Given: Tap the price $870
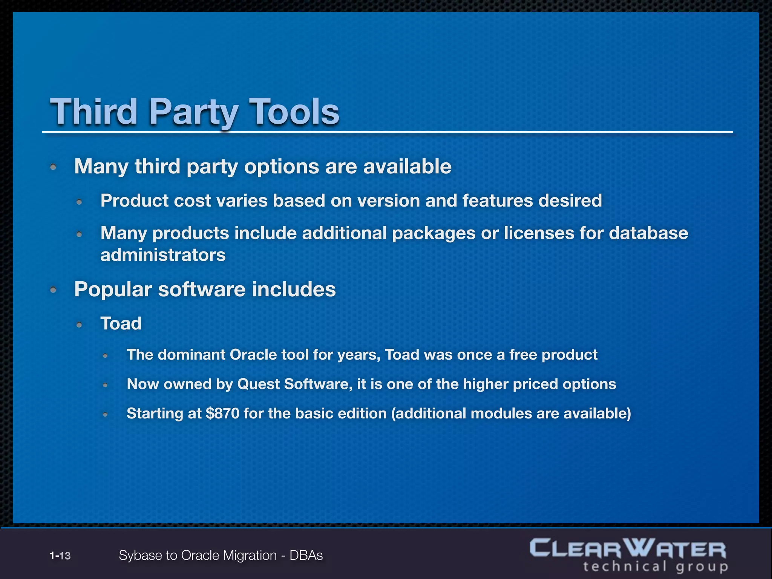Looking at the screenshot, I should pyautogui.click(x=223, y=414).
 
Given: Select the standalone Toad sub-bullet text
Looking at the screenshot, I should pyautogui.click(x=121, y=323).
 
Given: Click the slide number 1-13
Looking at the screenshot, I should pyautogui.click(x=60, y=556).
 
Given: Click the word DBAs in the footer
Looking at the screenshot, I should pyautogui.click(x=306, y=556).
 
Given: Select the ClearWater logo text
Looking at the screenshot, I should pyautogui.click(x=628, y=549).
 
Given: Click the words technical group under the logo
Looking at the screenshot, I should pyautogui.click(x=656, y=567).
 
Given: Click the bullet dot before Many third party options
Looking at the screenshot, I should pyautogui.click(x=54, y=167).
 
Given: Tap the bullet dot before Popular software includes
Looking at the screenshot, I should pyautogui.click(x=54, y=289).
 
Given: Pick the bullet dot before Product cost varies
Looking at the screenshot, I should pyautogui.click(x=79, y=202).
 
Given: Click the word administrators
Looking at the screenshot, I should pyautogui.click(x=163, y=255).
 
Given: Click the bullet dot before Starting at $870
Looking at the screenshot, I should pyautogui.click(x=106, y=415).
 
